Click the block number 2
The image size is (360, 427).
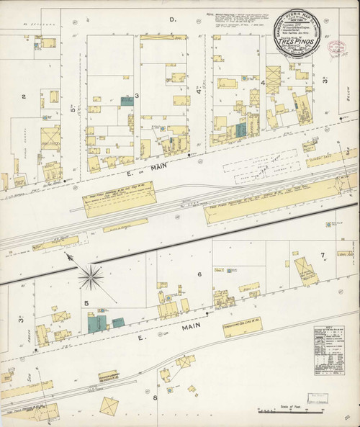[24, 96]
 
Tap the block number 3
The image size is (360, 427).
[136, 94]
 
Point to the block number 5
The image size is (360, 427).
[86, 303]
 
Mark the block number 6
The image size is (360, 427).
[199, 274]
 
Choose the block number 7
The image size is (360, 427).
[323, 256]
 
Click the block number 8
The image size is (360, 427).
[155, 397]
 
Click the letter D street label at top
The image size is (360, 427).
[172, 19]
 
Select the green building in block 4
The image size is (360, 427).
[241, 130]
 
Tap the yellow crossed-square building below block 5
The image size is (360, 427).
[110, 406]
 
